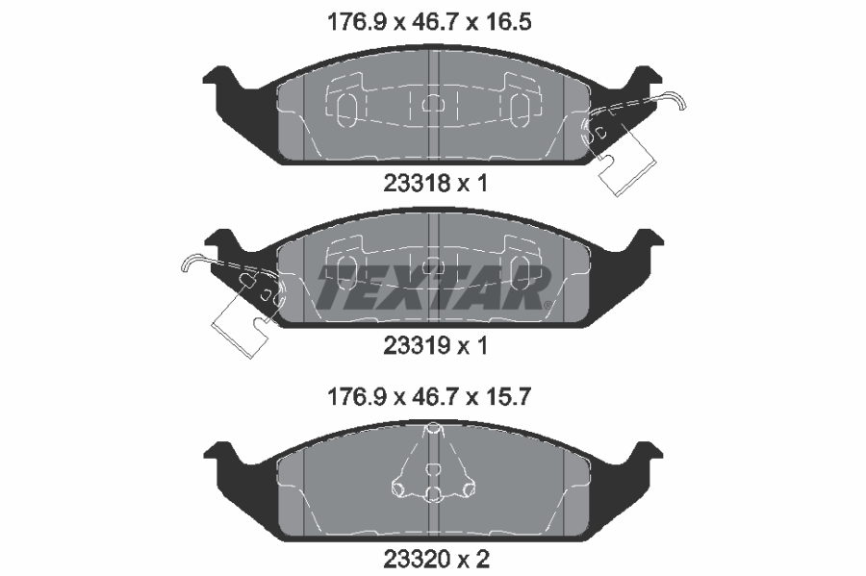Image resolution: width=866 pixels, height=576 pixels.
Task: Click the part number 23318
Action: [x=417, y=183]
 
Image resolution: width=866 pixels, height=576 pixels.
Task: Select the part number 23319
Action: [x=417, y=346]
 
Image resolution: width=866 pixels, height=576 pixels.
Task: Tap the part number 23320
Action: [x=417, y=559]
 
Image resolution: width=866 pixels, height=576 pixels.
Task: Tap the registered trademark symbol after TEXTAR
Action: [x=547, y=305]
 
